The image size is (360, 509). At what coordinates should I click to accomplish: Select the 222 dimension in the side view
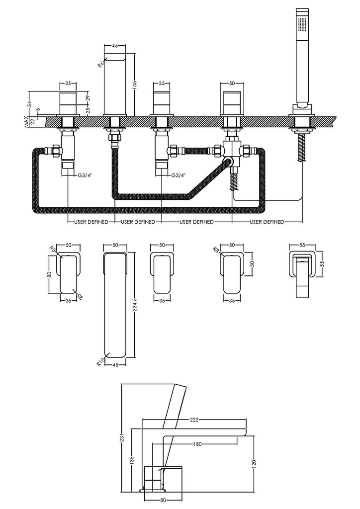[x=194, y=420]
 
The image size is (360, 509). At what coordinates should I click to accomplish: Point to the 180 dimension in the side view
[x=197, y=444]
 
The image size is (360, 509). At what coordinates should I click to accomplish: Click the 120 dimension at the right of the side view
[x=255, y=464]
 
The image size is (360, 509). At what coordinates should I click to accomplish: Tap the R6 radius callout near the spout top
[x=100, y=64]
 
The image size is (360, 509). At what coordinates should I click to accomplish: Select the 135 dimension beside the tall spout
[x=134, y=85]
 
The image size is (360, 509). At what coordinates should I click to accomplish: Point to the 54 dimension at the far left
[x=29, y=104]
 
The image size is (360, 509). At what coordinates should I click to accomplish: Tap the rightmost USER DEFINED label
[x=267, y=222]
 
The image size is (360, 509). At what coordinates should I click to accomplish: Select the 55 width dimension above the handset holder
[x=302, y=246]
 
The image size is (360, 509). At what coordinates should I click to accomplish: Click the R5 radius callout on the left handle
[x=52, y=250]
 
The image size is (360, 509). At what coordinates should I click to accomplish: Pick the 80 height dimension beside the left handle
[x=50, y=273]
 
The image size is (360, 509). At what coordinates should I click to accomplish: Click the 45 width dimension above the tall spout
[x=115, y=46]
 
